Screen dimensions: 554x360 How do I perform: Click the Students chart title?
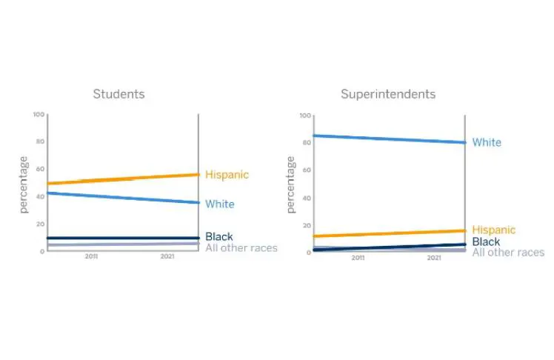[119, 94]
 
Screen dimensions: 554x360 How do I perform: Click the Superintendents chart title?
[388, 94]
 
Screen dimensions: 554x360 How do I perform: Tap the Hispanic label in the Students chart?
[227, 175]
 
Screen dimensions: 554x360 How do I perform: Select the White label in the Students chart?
[220, 204]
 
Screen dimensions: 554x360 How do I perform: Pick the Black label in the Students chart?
[219, 236]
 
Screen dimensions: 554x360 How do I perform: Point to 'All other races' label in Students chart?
[241, 248]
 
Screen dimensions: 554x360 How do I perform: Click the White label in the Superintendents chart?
[487, 142]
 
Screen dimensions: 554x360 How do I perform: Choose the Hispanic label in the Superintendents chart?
[493, 230]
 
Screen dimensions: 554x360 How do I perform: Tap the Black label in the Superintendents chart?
[486, 241]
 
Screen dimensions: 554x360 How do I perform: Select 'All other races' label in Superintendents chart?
[508, 253]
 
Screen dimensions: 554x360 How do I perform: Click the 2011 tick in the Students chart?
[91, 256]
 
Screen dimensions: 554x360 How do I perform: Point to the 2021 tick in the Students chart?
[167, 256]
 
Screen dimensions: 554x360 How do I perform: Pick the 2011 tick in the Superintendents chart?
[358, 258]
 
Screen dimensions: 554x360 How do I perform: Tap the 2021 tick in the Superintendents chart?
[434, 258]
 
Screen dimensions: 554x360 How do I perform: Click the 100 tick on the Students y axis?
[39, 115]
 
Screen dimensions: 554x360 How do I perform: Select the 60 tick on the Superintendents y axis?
[307, 170]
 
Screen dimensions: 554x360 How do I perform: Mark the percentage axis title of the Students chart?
[23, 184]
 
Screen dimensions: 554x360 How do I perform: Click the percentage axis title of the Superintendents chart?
[290, 184]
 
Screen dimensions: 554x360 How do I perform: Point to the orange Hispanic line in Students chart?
[123, 179]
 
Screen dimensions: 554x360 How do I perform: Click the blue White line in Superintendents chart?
[390, 139]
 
